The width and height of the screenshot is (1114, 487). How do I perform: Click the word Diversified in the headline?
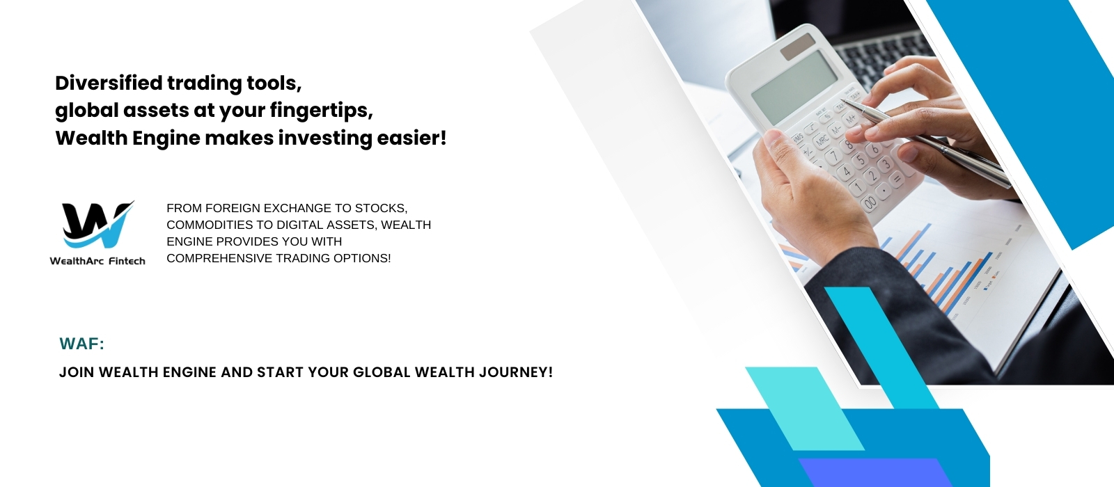(109, 83)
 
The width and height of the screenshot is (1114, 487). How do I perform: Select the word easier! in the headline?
(411, 138)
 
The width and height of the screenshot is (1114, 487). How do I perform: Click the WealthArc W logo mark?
(98, 225)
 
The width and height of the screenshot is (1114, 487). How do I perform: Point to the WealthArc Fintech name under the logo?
(97, 261)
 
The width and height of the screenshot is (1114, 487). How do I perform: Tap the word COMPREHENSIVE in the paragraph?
(219, 258)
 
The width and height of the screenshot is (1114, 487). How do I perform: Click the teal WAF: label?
(81, 344)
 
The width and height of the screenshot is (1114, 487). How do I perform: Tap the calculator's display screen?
(794, 88)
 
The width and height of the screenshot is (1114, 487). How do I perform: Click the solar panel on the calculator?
(797, 47)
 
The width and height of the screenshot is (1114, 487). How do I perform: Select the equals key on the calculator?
(897, 179)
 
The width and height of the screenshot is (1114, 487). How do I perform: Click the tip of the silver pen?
(842, 101)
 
